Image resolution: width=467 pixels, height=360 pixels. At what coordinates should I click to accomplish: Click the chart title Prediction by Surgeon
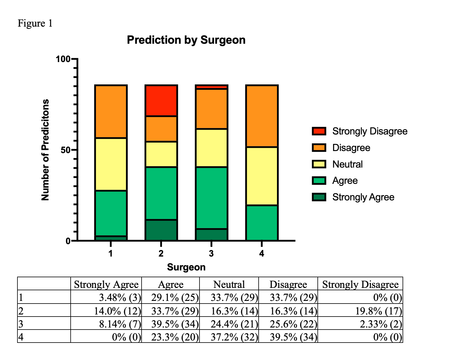coord(186,40)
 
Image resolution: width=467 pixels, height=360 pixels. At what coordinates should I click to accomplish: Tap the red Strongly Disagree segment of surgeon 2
coord(161,100)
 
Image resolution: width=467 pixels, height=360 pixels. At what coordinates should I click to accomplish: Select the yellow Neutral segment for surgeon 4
coord(262,176)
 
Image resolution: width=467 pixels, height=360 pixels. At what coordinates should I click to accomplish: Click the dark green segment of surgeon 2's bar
coord(161,230)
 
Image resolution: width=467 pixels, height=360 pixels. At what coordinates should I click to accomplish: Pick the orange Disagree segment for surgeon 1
coord(111,111)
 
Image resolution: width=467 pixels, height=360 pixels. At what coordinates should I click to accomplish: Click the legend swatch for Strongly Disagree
coord(319,131)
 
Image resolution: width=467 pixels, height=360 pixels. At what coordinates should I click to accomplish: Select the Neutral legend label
coord(347,164)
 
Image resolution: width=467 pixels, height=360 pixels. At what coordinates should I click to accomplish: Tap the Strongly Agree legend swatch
coord(319,197)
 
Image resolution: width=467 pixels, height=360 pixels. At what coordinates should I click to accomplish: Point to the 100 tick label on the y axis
coord(63,59)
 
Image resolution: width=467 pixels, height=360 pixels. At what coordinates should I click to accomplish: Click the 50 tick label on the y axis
coord(67,150)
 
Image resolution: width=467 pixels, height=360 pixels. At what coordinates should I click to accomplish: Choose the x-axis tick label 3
coord(211,254)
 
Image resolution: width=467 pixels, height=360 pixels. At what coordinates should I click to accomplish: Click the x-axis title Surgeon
coord(186,267)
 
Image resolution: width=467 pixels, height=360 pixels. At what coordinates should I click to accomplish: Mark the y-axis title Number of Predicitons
coord(45,150)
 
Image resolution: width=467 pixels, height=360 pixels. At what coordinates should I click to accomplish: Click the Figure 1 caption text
coord(35,23)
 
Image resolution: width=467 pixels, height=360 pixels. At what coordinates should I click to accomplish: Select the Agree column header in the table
coord(171,284)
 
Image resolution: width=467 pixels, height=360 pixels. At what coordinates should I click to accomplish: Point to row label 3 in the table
coord(20,324)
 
